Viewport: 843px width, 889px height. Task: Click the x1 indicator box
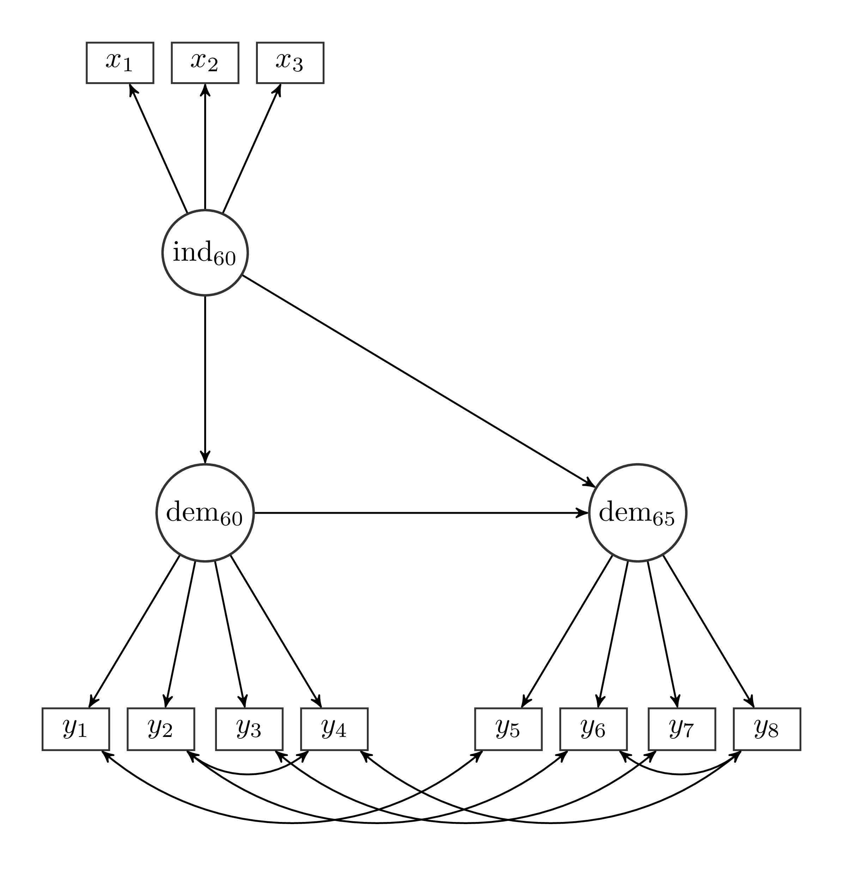(120, 63)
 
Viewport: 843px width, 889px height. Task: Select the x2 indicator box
(205, 63)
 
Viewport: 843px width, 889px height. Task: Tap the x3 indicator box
(290, 63)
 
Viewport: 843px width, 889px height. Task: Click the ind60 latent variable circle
(205, 253)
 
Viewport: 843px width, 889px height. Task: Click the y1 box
(75, 729)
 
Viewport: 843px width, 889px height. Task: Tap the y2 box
(161, 729)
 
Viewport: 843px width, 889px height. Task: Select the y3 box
(249, 729)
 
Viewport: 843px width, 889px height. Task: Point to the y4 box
(334, 729)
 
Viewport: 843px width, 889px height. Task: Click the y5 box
(508, 729)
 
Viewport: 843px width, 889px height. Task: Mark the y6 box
(593, 729)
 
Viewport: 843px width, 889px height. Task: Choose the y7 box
(682, 729)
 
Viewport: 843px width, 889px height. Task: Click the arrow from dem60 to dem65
(421, 513)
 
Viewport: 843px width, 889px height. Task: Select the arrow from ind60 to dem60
(205, 380)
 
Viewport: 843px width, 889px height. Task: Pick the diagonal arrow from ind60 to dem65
(418, 381)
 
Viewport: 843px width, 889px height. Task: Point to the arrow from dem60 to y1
(135, 631)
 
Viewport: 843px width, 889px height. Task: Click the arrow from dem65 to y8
(708, 631)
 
